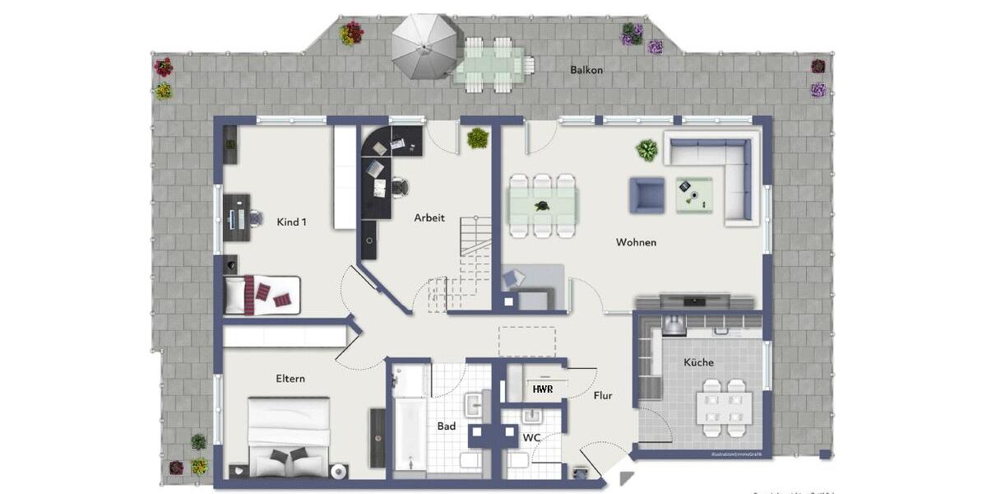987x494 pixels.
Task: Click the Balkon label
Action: [x=586, y=70]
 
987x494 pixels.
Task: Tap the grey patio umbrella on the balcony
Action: [x=424, y=46]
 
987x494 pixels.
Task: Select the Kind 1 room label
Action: [x=292, y=221]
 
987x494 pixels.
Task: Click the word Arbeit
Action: [x=429, y=218]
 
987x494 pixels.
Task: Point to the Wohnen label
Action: [x=636, y=242]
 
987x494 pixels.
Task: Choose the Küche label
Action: [x=698, y=362]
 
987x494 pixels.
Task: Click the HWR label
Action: [x=542, y=389]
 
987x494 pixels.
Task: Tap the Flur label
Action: [x=603, y=396]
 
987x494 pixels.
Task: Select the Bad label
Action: [x=447, y=426]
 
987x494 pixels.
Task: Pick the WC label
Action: [x=532, y=437]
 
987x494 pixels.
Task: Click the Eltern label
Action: [x=290, y=379]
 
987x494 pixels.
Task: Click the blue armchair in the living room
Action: [x=647, y=195]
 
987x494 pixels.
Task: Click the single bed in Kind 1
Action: [x=262, y=294]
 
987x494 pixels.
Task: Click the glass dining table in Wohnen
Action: [x=543, y=205]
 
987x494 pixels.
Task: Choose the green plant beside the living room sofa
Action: [x=647, y=150]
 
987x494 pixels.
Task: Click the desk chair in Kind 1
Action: [x=255, y=218]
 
